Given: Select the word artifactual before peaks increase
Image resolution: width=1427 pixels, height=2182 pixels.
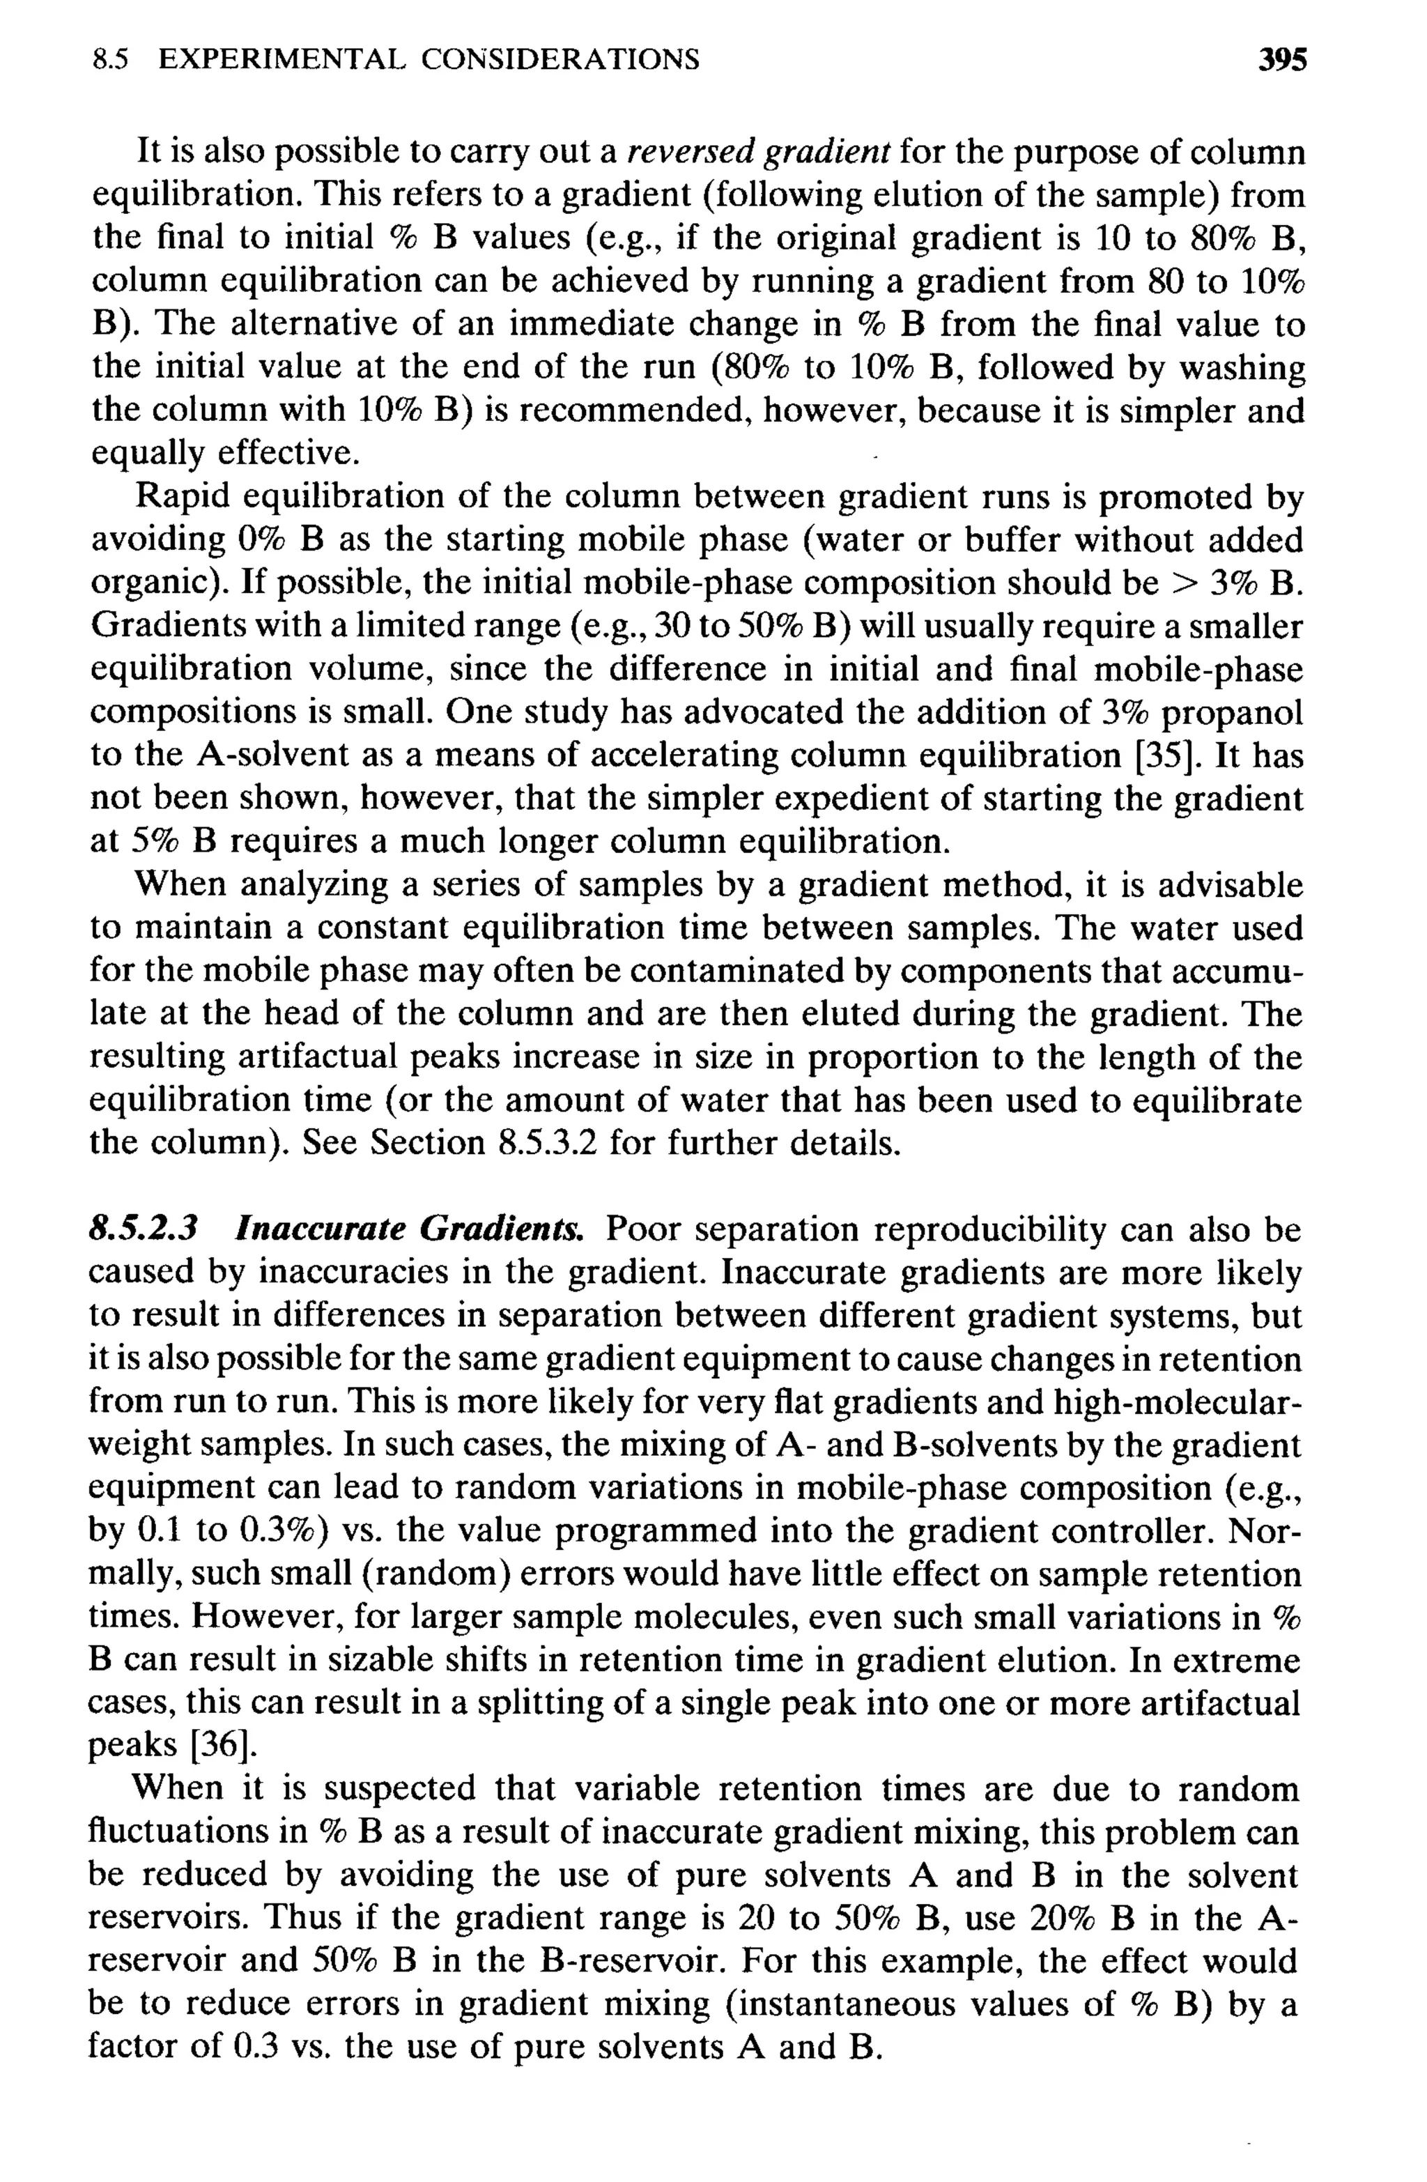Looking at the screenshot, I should (317, 1057).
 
